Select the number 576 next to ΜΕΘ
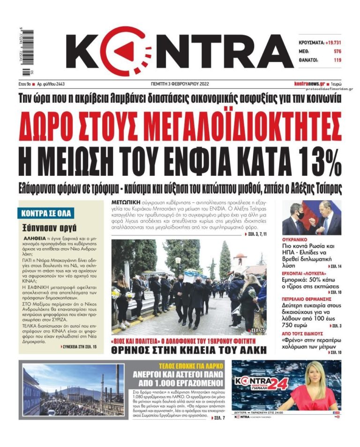337,51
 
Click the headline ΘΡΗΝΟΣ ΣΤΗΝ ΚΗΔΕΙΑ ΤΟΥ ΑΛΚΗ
189,349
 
